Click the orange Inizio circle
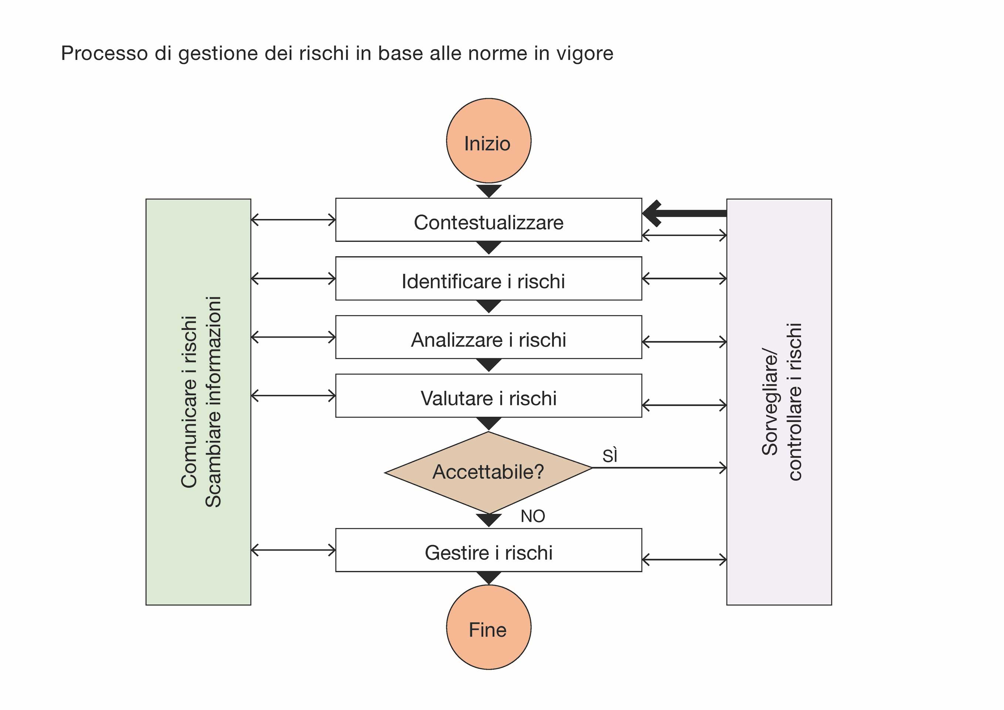489,141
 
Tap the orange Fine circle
489,628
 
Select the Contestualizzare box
489,220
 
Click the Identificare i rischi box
489,278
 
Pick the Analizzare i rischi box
489,337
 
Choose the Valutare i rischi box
489,396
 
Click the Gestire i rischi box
489,550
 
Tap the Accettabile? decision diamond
489,472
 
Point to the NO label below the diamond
533,516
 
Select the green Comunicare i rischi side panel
198,402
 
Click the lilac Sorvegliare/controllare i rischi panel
779,402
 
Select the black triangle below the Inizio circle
489,190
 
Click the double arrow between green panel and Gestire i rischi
293,550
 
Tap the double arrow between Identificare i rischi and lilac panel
684,278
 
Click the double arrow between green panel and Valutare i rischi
293,396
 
